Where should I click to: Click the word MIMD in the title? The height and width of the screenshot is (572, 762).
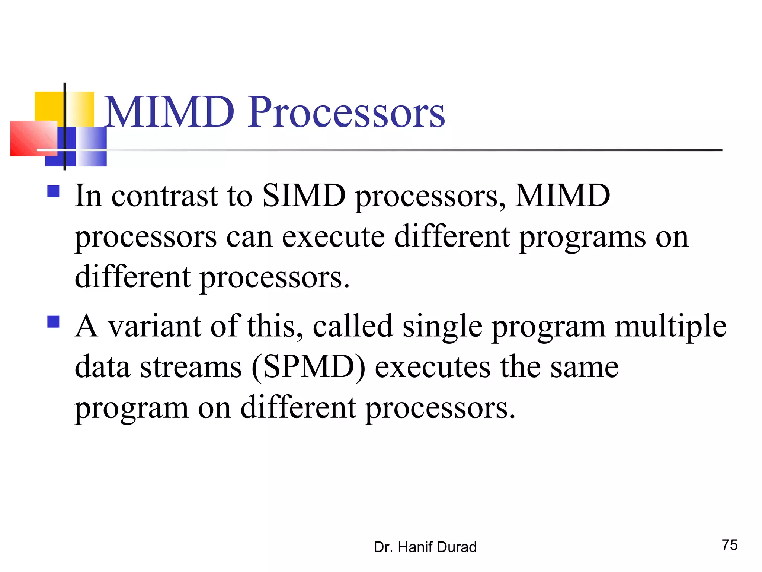pos(169,112)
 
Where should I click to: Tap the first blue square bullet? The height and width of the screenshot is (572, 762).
pos(54,191)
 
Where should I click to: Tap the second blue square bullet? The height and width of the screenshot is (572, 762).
pos(54,321)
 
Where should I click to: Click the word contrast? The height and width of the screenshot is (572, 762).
pos(164,196)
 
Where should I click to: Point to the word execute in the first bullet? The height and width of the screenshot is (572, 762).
pos(333,237)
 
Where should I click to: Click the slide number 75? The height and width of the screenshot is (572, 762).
pos(730,545)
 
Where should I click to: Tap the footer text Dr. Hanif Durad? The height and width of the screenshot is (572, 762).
pos(425,547)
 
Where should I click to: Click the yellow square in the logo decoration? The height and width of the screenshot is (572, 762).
pos(48,106)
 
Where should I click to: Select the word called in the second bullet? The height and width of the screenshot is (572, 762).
pos(353,326)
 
